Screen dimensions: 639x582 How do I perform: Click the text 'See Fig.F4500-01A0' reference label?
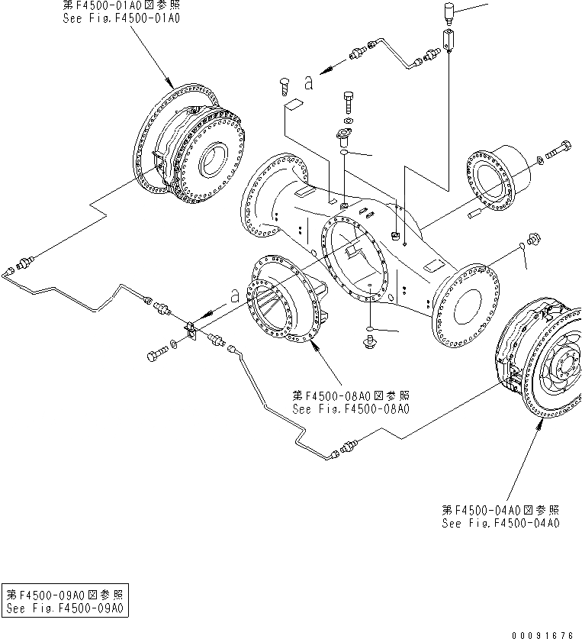[x=121, y=17]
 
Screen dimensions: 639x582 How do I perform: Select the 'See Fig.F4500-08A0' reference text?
[x=351, y=408]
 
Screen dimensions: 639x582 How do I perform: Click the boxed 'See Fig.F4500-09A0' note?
[x=64, y=608]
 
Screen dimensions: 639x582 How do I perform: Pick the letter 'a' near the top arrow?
[x=307, y=82]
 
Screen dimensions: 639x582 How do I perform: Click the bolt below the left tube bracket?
[x=159, y=354]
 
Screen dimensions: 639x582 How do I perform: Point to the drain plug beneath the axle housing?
[x=371, y=340]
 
